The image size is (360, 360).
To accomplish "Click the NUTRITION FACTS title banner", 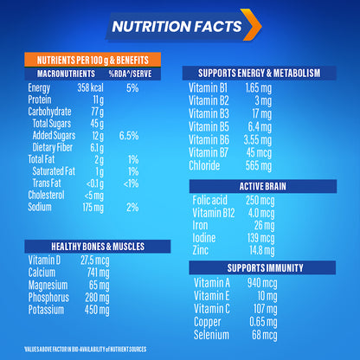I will [180, 27].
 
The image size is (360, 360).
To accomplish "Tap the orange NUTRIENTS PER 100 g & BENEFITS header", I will [93, 61].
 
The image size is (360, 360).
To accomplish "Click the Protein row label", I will [40, 100].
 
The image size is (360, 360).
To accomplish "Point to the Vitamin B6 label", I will [211, 138].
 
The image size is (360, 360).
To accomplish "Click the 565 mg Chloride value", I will [259, 164].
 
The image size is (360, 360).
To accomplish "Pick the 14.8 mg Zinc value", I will [260, 251].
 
